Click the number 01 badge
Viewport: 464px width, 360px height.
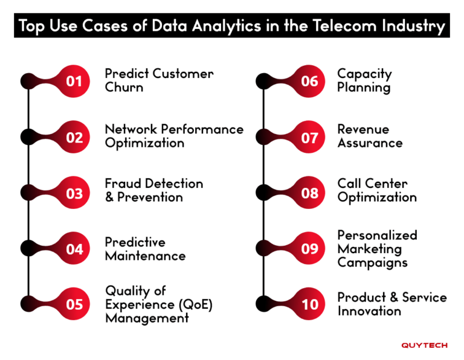click(74, 80)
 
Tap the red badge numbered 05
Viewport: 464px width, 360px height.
click(74, 304)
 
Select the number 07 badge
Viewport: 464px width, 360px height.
click(309, 138)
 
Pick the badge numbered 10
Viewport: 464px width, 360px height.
click(309, 304)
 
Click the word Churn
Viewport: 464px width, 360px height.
click(124, 87)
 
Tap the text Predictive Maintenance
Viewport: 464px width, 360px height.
click(145, 249)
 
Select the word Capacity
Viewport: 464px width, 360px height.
click(364, 74)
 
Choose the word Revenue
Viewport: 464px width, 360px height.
click(363, 129)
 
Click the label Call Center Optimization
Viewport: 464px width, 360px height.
click(376, 190)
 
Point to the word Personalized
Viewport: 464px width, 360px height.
click(377, 235)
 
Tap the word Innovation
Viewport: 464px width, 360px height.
click(369, 311)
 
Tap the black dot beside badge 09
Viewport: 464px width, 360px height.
click(263, 248)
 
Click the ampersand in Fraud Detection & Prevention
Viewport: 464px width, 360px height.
click(109, 198)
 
